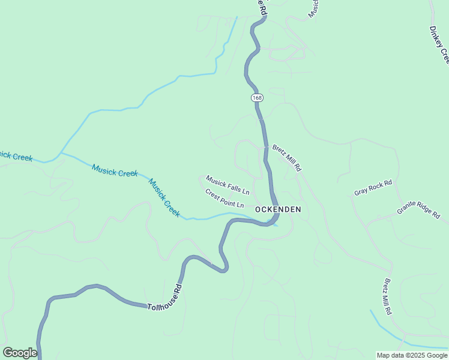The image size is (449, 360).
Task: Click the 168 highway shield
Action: coord(257,97)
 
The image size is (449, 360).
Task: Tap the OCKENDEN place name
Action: coord(278,209)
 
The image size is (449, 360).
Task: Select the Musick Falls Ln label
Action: coord(228,185)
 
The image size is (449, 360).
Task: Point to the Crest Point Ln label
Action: coord(224,199)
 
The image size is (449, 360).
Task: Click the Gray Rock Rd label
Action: coord(373,188)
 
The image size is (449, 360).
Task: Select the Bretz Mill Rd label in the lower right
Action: coord(388,297)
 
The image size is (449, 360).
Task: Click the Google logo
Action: coord(20,353)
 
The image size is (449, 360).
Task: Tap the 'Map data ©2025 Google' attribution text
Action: coord(412,355)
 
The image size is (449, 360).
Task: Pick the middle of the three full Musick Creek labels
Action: coord(115,170)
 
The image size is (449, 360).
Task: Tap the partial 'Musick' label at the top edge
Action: coord(313,8)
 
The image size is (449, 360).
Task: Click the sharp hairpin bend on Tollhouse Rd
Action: coord(224,268)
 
